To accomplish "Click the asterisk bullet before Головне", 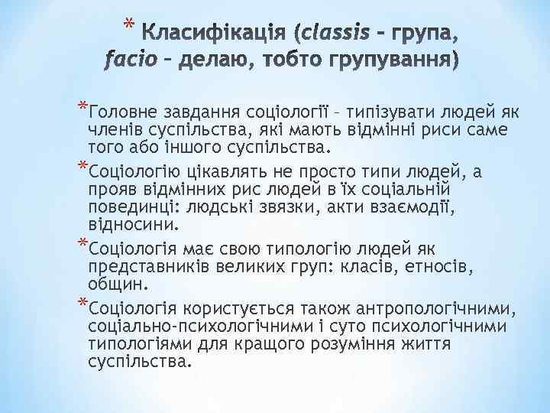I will point(82,106).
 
